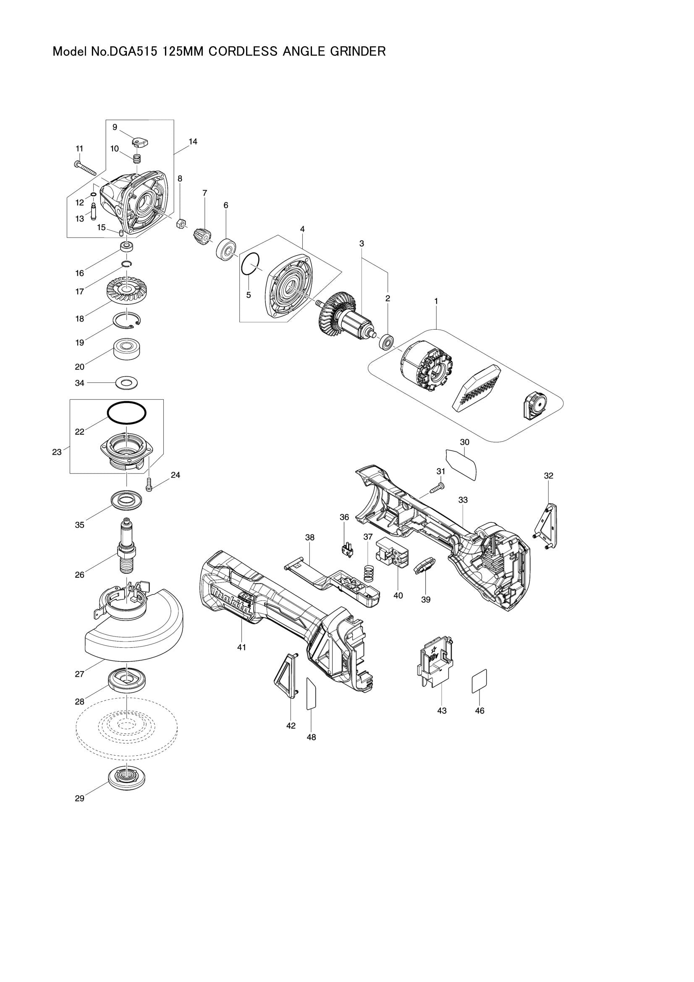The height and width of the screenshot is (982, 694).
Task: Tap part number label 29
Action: (x=79, y=799)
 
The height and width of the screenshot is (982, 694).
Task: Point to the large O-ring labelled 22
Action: (x=126, y=414)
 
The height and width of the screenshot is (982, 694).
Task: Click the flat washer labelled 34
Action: (x=127, y=382)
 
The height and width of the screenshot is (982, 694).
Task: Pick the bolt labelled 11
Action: (x=86, y=168)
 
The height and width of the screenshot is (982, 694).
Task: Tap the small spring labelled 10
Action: (x=137, y=159)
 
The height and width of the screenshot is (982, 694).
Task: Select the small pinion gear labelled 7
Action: (x=203, y=236)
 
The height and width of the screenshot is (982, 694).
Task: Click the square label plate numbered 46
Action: (x=479, y=681)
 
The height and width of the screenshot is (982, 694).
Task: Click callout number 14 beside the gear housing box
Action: (x=193, y=141)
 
